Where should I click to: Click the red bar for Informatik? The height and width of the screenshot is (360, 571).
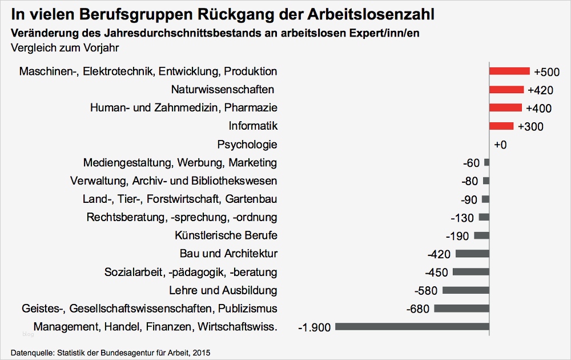(501, 126)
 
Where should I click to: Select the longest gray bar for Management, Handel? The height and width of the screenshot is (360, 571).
(412, 327)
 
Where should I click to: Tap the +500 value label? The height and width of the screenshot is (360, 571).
(547, 72)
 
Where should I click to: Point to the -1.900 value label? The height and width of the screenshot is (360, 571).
(315, 327)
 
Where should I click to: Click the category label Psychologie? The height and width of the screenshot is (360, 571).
(247, 145)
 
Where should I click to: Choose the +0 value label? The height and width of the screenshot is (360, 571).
(500, 145)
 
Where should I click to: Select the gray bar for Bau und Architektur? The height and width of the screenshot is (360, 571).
(472, 254)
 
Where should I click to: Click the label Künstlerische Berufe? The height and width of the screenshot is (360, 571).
(226, 235)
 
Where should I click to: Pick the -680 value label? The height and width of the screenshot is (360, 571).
(418, 309)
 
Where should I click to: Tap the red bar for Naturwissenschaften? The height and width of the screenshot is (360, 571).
(506, 90)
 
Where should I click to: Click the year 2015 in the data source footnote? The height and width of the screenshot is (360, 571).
(201, 353)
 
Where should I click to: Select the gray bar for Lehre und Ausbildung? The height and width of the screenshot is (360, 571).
(466, 290)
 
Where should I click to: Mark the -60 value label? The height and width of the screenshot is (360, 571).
(472, 163)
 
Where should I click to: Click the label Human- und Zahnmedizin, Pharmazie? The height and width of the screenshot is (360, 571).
(184, 108)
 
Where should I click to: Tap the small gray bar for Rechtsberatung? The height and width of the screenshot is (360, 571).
(484, 217)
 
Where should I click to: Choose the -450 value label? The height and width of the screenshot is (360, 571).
(437, 273)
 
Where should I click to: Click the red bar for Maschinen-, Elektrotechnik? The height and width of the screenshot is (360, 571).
(509, 71)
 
